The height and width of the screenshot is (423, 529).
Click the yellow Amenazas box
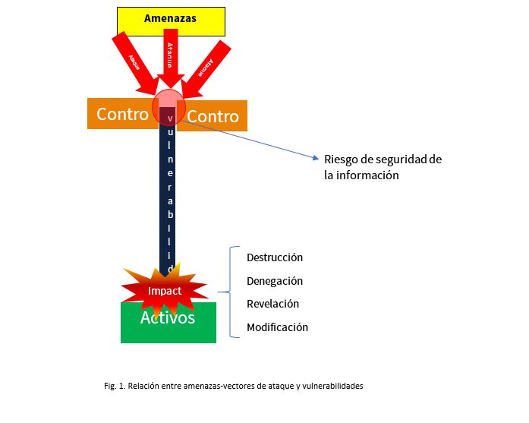[x=170, y=21]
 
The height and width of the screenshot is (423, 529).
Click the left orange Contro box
[x=121, y=114]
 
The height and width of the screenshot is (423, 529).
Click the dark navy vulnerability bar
[x=168, y=197]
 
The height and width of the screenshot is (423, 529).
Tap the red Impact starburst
[x=165, y=290]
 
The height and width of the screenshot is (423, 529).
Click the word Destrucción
[x=275, y=257]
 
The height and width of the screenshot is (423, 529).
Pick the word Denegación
[x=275, y=281]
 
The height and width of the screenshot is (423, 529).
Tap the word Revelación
[x=273, y=304]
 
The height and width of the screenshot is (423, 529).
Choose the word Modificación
[x=278, y=327]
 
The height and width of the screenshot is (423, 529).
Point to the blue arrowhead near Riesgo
[x=316, y=159]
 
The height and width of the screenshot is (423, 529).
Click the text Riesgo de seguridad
[x=383, y=159]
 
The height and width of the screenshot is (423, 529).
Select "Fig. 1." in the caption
[x=115, y=386]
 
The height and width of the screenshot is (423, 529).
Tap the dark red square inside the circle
[x=167, y=115]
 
